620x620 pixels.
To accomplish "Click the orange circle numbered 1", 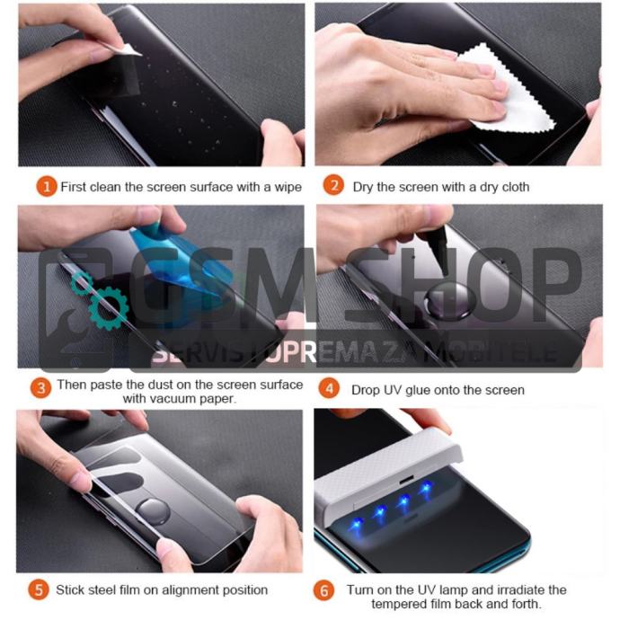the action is (x=47, y=186).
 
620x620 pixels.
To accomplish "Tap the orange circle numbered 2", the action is (x=333, y=185).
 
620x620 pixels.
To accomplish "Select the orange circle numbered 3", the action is (x=40, y=388).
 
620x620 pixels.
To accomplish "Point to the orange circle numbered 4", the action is (x=329, y=388).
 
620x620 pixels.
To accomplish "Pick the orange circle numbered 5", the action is (x=39, y=589).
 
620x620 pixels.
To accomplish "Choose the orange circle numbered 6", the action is (x=323, y=590).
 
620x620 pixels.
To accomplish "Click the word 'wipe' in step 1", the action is (x=288, y=187).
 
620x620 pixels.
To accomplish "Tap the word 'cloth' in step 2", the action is (x=514, y=187).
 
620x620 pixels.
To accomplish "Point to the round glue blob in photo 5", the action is (x=154, y=511).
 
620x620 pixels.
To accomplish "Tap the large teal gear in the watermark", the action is (x=109, y=308).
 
